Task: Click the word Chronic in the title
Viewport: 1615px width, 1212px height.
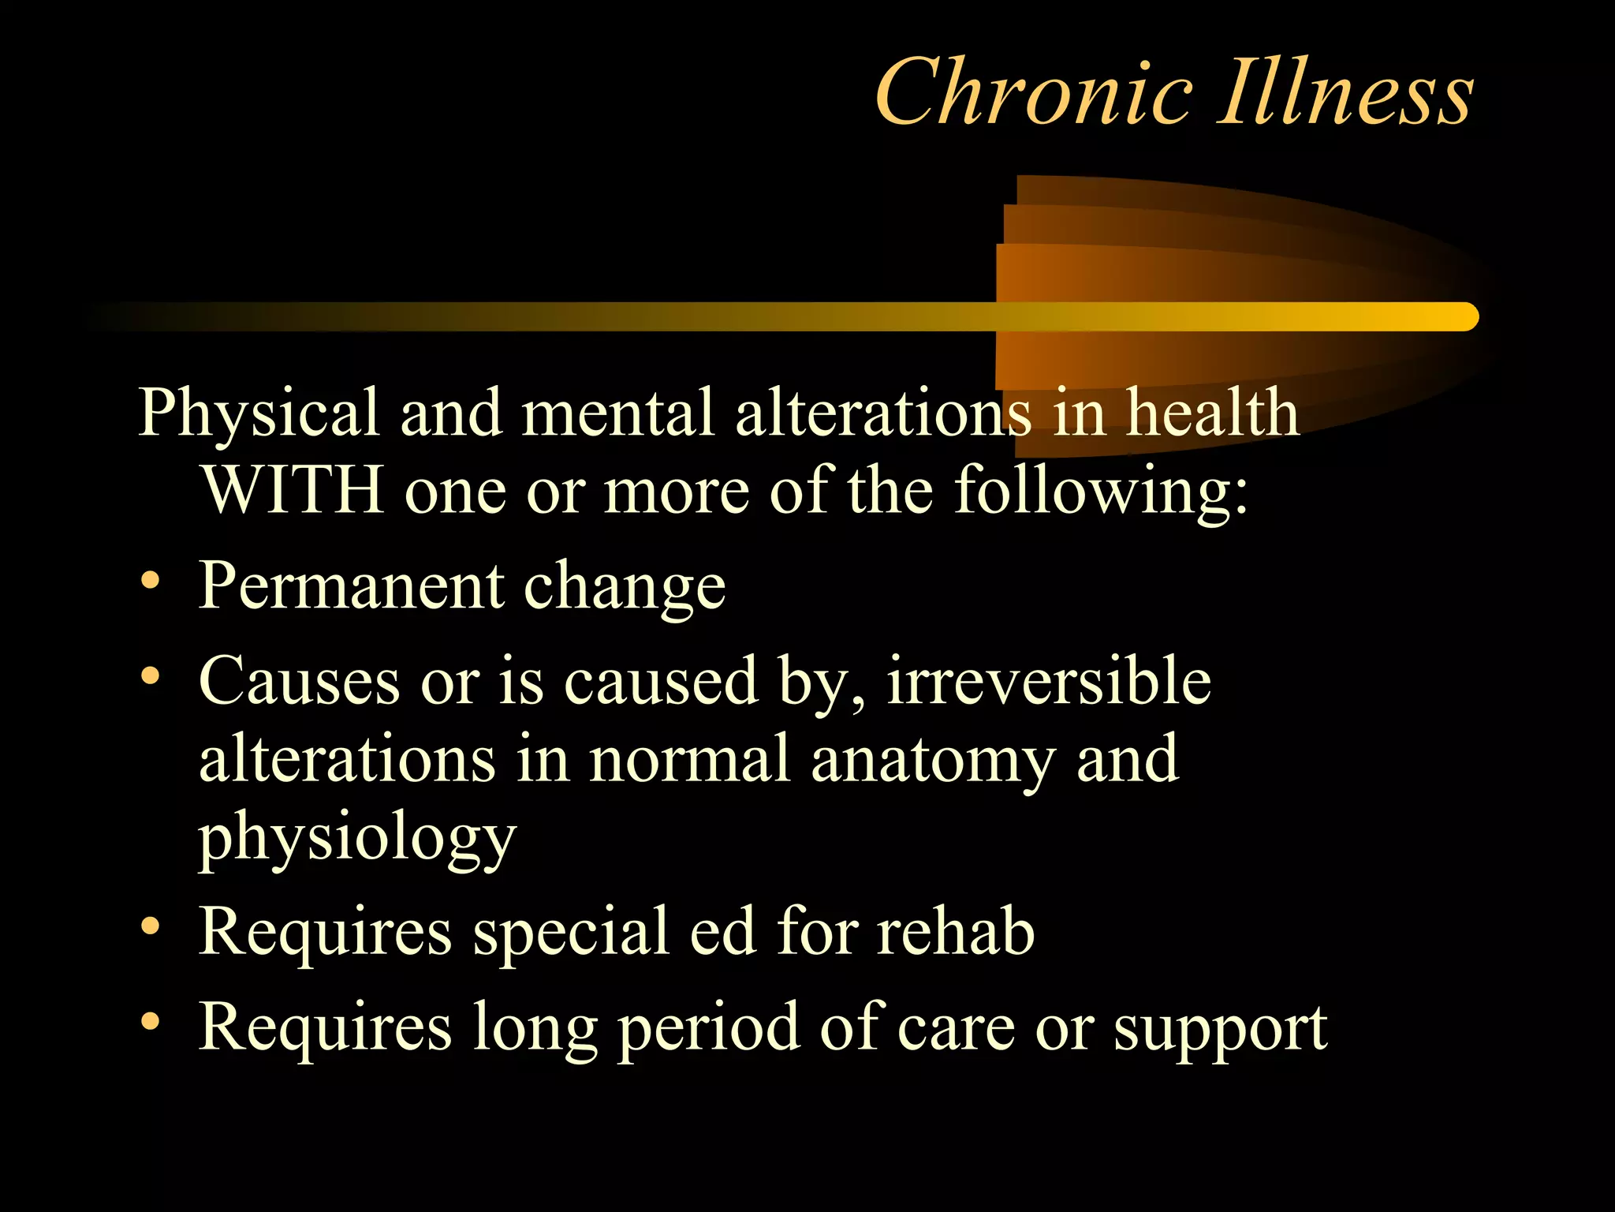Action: point(1033,93)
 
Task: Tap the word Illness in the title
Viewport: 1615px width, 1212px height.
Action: point(1345,93)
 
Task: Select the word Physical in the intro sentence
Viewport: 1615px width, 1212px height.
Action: point(258,413)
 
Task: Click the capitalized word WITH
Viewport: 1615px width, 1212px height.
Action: point(293,491)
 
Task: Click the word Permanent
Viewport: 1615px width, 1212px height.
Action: point(351,586)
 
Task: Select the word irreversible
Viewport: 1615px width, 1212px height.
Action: point(1049,681)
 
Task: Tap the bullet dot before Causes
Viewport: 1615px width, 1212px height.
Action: point(150,676)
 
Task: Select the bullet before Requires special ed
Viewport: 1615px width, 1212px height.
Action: point(150,927)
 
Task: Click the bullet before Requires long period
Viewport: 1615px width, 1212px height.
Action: point(150,1022)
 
